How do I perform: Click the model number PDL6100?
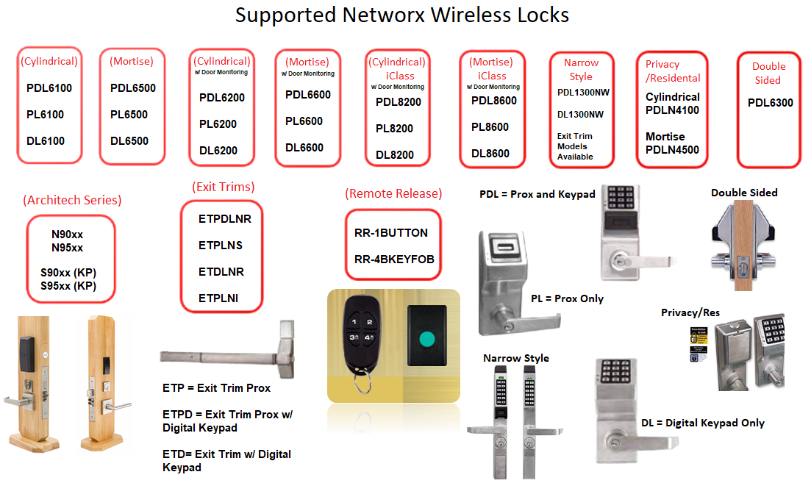[49, 88]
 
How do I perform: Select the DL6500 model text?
[129, 141]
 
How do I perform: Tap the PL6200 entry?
[218, 124]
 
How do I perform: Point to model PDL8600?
[494, 101]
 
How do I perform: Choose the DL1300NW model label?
[580, 114]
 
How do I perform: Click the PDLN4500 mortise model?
[672, 150]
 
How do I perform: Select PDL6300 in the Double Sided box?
[771, 103]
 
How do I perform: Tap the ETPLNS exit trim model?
[221, 246]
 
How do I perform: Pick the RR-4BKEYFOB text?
[394, 260]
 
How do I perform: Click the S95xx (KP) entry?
[68, 285]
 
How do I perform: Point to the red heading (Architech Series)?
[72, 200]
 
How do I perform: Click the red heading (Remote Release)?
[393, 194]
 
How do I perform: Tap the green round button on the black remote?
[427, 340]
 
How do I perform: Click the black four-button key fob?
[361, 335]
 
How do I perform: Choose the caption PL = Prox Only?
[567, 298]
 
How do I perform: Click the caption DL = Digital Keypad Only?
[703, 423]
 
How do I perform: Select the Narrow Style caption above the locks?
[516, 358]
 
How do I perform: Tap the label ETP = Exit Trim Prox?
[216, 388]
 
